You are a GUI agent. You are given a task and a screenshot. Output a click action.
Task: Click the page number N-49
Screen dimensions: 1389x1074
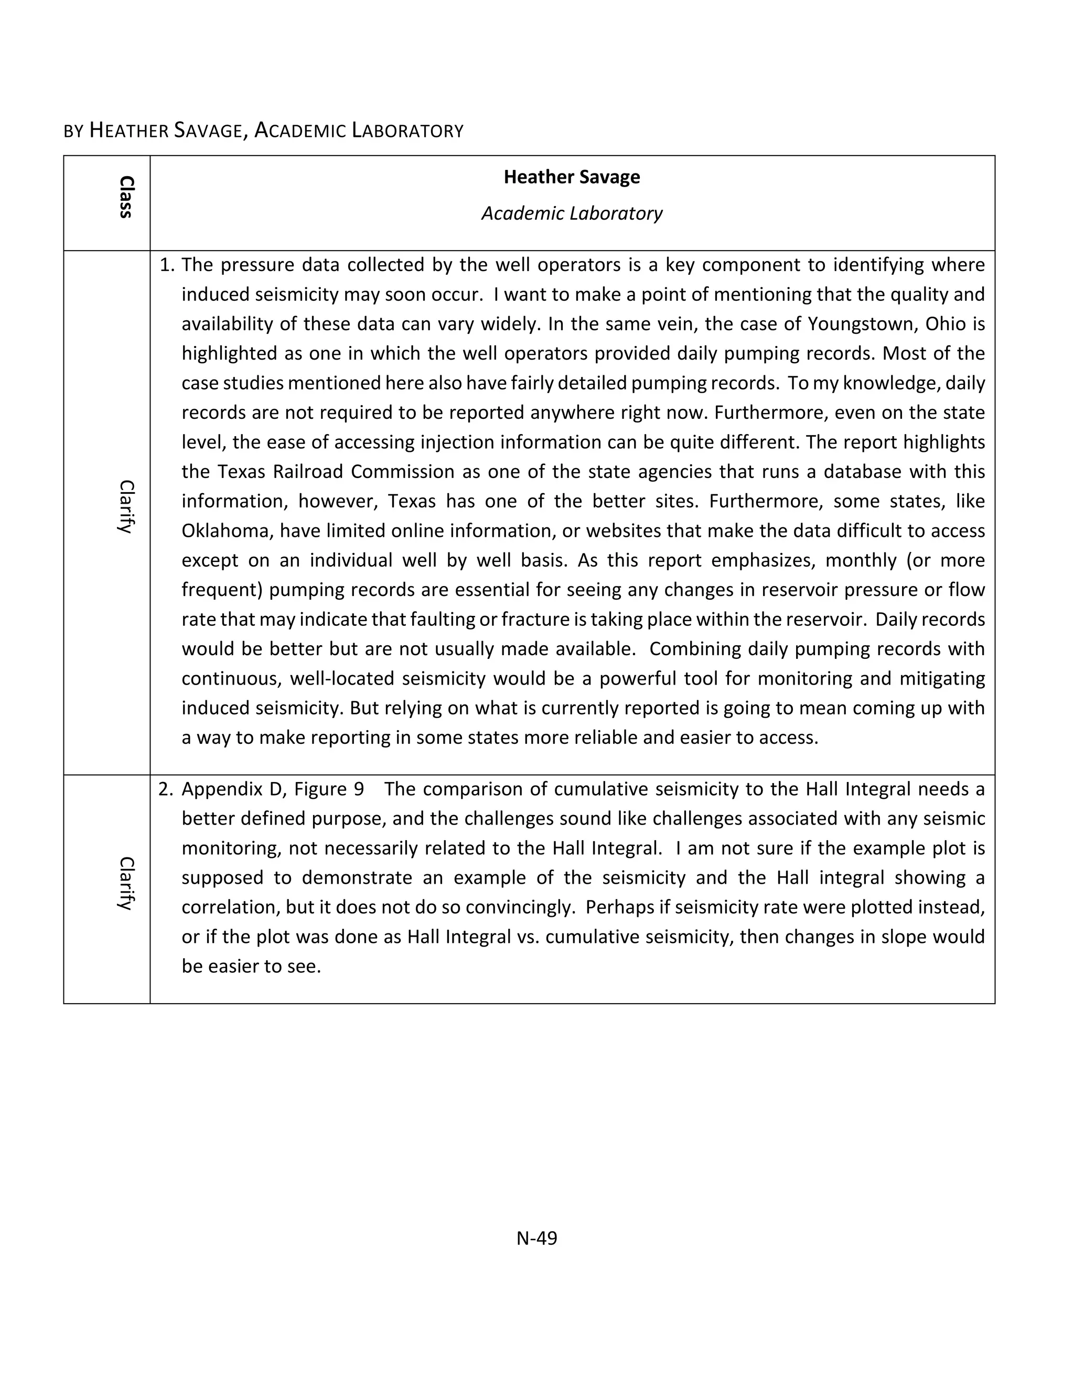pos(536,1238)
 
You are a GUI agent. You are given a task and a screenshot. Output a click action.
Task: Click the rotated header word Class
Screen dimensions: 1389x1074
pos(126,197)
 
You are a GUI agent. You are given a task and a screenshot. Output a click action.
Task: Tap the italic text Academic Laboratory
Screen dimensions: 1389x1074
pos(572,213)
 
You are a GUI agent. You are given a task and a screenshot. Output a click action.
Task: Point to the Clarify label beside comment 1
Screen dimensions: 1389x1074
pos(126,507)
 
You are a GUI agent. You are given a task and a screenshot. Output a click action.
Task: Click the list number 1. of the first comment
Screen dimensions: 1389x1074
pos(167,265)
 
